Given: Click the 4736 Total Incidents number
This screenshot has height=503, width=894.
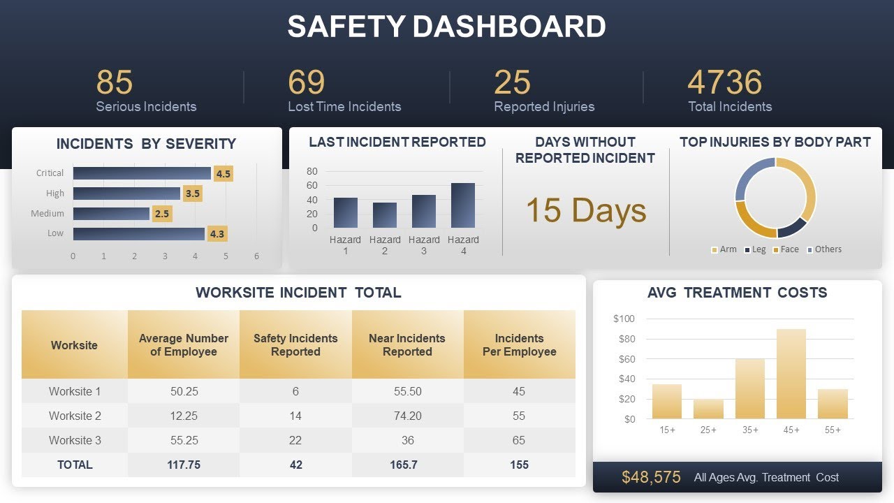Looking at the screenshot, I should click(x=724, y=82).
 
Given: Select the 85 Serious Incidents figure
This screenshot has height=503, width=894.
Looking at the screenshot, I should click(x=114, y=82).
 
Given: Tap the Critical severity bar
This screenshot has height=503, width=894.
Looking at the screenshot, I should click(x=142, y=173).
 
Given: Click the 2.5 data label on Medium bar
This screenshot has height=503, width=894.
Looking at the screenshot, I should click(x=162, y=214).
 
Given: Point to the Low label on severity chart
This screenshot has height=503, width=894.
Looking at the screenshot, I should click(x=55, y=233).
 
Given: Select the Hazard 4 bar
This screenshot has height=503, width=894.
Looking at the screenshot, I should click(x=463, y=205).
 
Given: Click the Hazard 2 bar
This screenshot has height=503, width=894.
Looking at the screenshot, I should click(x=385, y=215).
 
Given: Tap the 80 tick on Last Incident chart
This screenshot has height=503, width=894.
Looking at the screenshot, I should click(x=312, y=171).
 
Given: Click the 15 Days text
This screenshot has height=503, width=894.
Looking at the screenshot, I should click(x=585, y=210).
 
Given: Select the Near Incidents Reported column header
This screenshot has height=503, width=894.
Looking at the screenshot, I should click(x=407, y=345).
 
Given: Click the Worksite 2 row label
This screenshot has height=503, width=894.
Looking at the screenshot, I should click(x=75, y=416).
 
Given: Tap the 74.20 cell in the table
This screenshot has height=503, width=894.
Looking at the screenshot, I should click(x=407, y=416).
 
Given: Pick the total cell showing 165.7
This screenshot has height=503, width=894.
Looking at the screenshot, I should click(x=407, y=465).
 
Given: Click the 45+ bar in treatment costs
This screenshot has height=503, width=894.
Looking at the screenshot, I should click(x=791, y=374).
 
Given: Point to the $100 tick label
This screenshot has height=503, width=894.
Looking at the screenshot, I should click(x=624, y=319).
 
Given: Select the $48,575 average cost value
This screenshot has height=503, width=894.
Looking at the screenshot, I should click(x=651, y=477).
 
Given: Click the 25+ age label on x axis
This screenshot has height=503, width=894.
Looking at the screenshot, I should click(x=708, y=430).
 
